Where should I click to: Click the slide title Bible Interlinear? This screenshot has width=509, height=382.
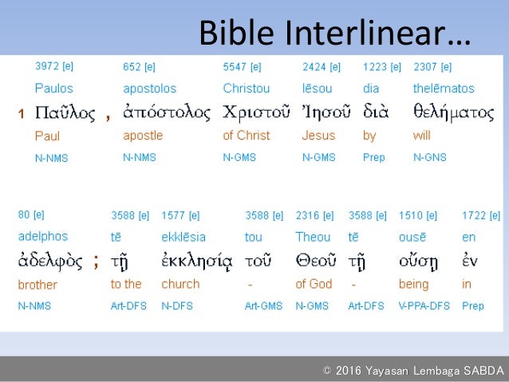click(x=333, y=33)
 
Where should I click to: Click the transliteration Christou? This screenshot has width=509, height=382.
click(x=247, y=89)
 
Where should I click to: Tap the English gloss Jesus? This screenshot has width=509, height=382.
click(x=318, y=136)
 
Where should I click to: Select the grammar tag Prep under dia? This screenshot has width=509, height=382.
click(x=374, y=158)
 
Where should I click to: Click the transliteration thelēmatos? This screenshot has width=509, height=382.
click(x=444, y=89)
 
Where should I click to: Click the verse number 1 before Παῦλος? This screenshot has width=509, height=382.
click(x=22, y=115)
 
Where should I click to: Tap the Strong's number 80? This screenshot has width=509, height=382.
click(x=25, y=215)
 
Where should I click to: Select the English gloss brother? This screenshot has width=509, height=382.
click(x=37, y=285)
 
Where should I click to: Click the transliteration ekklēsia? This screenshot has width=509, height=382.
click(x=183, y=237)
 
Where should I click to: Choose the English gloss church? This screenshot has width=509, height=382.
click(x=180, y=285)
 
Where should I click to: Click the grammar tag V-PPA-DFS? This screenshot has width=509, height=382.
click(x=424, y=306)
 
